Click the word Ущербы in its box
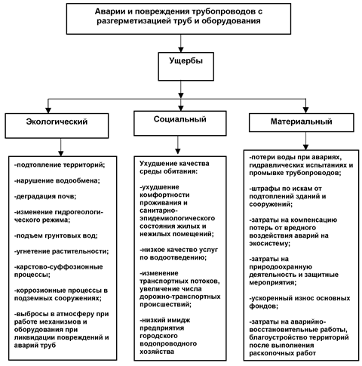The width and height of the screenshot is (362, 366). (186, 61)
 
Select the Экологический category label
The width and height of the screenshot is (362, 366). (57, 121)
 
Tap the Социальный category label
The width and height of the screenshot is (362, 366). (180, 119)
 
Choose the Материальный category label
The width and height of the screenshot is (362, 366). (301, 121)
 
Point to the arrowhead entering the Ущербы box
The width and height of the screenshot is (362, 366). (181, 49)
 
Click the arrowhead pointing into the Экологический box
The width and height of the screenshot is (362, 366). (48, 110)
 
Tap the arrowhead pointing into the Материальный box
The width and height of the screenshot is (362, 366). (305, 110)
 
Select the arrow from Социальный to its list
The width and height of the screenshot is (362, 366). (178, 145)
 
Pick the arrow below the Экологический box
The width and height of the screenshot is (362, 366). (61, 147)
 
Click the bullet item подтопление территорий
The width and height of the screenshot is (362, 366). (60, 165)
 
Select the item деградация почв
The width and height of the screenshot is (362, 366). (45, 196)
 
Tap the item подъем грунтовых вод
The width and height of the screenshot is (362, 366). (56, 235)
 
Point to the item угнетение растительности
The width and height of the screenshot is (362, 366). (62, 251)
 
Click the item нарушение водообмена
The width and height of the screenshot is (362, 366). (57, 180)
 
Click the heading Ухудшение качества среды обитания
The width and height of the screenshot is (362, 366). (174, 168)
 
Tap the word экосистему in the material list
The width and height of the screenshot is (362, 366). (269, 244)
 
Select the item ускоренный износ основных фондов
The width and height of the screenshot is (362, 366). (299, 302)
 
